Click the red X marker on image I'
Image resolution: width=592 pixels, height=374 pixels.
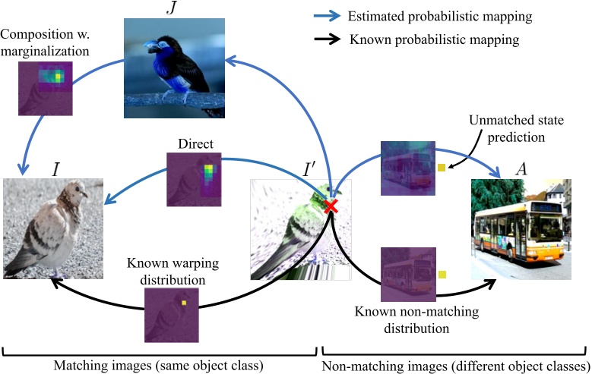click(331, 206)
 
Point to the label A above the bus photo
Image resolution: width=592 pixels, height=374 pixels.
click(521, 168)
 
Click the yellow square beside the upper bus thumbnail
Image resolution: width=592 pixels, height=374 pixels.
click(440, 167)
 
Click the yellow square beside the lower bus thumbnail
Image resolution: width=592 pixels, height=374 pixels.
click(442, 274)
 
